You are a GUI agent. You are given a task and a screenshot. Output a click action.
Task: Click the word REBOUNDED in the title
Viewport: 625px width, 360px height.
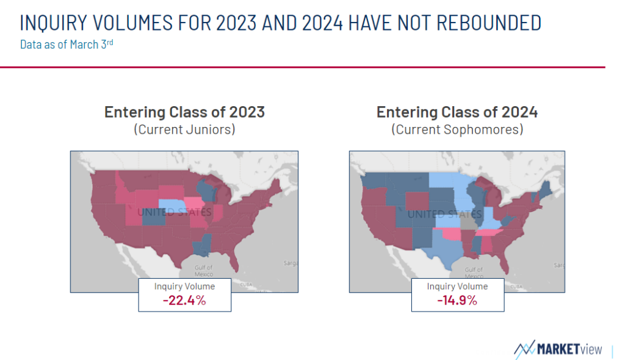point(489,23)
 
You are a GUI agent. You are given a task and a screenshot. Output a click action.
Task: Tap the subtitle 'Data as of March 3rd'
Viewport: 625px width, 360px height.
point(67,44)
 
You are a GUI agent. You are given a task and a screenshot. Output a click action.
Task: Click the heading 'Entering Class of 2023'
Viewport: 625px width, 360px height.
point(184,112)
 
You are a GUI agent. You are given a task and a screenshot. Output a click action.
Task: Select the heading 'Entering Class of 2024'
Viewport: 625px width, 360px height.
point(457,112)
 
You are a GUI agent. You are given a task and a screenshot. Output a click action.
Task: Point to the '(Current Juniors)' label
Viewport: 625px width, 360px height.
point(184,129)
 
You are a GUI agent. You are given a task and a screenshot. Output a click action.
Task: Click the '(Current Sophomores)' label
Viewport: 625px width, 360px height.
point(457,129)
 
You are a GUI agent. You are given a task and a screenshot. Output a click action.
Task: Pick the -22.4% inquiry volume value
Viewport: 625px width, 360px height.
point(184,300)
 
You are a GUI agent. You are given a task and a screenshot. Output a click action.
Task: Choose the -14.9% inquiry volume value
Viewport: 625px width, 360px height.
point(457,300)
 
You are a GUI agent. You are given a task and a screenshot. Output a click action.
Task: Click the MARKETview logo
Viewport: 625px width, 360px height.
point(558,349)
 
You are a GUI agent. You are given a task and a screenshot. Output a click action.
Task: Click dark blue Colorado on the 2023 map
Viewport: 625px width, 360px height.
point(153,217)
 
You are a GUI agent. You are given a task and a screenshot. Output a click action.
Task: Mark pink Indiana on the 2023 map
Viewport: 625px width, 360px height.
point(218,213)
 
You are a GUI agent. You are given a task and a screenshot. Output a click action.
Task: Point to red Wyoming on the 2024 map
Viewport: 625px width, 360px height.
point(417,201)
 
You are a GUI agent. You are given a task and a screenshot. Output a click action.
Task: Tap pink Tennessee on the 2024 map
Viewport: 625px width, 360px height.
point(489,232)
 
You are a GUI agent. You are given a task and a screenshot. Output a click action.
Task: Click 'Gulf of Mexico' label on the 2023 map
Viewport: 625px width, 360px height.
point(203,271)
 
